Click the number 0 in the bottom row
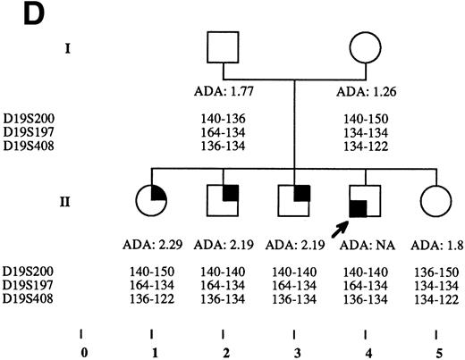click(83, 351)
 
